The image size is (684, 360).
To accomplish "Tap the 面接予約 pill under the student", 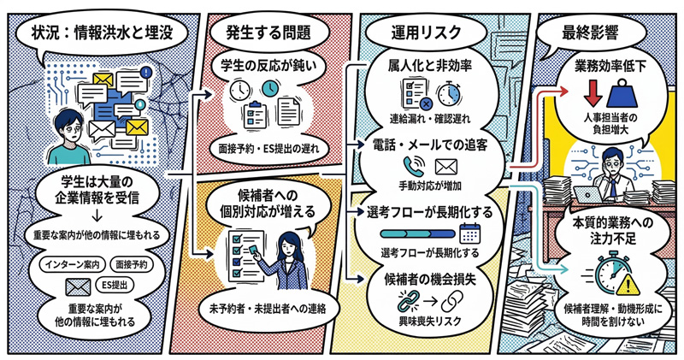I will tap(131, 265).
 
